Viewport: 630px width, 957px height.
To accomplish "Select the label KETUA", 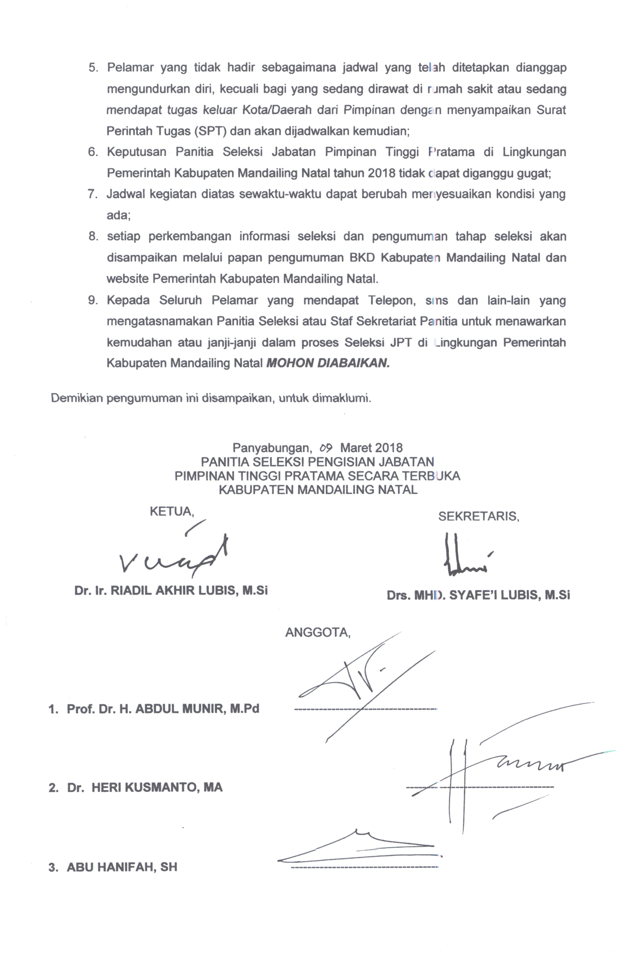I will tap(172, 511).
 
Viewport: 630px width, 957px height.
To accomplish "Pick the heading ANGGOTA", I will tap(318, 633).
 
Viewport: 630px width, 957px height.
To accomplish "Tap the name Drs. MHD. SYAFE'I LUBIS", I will tap(478, 595).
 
